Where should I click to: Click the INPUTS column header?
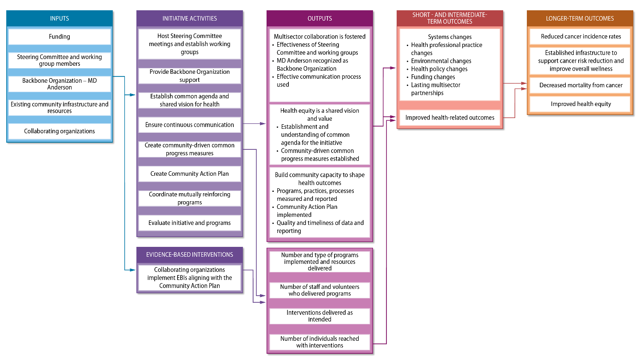tap(59, 19)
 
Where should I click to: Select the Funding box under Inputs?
tap(59, 37)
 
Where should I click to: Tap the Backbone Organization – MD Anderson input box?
tap(59, 84)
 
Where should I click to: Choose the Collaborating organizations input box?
tap(59, 131)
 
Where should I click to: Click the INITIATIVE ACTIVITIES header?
tap(190, 19)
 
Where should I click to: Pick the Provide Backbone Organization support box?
tap(190, 76)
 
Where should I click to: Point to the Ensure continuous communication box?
tap(190, 125)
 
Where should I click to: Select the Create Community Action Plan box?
tap(190, 174)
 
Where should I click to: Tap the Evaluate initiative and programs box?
tap(190, 223)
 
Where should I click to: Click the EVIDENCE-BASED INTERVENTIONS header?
tap(190, 255)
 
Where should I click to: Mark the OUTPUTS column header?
tap(319, 19)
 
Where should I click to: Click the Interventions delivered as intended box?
tap(319, 316)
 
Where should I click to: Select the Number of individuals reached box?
tap(319, 342)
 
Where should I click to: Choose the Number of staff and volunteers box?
tap(319, 290)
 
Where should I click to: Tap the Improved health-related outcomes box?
tap(449, 118)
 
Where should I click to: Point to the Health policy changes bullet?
tap(439, 69)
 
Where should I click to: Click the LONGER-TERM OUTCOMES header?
tap(580, 19)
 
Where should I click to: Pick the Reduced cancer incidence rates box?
tap(580, 37)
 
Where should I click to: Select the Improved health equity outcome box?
tap(580, 104)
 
